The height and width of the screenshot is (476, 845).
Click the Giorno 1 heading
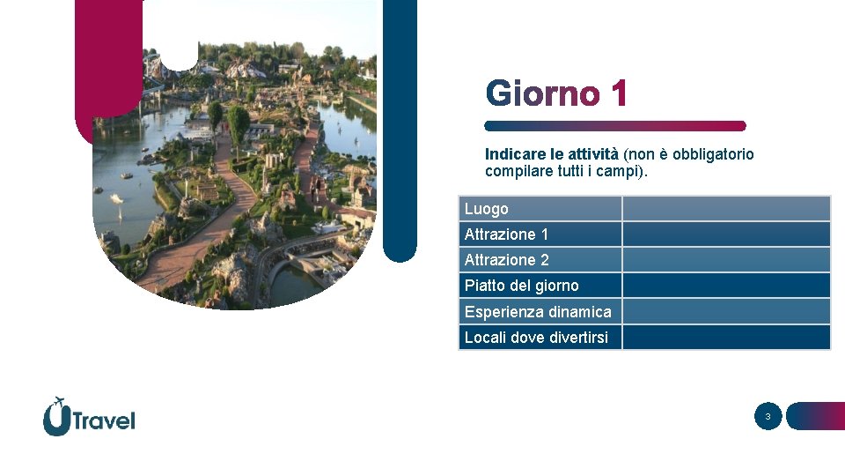coord(556,93)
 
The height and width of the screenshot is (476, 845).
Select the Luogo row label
coord(487,209)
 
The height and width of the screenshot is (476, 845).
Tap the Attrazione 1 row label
coord(506,234)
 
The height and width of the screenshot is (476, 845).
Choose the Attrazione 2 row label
coord(506,260)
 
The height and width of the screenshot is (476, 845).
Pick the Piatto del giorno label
coord(521,286)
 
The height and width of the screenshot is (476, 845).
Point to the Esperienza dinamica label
coord(537,312)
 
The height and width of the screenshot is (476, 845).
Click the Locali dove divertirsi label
coord(536,338)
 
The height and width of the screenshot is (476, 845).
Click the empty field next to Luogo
coord(726,209)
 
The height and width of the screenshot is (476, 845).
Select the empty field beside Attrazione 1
coord(726,234)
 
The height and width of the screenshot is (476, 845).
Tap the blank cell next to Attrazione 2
coord(726,260)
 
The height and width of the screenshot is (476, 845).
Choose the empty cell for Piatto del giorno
coord(726,286)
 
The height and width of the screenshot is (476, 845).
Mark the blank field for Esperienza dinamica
coord(726,312)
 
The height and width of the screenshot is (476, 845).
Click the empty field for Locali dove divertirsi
coord(726,338)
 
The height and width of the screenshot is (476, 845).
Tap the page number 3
coord(768,417)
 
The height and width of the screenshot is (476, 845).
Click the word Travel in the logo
coord(104,420)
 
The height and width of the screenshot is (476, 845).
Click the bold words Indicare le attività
coord(552,154)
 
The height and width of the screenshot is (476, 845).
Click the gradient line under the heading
coord(615,126)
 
